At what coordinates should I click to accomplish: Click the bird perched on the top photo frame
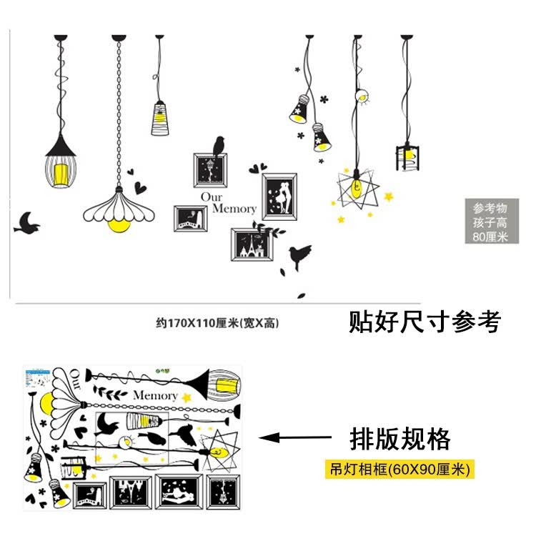219,145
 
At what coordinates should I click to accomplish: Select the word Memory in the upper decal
234,209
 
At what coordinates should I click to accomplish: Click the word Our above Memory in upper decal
212,197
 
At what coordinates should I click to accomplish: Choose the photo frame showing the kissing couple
279,195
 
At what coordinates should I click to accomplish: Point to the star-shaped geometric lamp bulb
355,188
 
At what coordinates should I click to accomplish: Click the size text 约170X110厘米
217,322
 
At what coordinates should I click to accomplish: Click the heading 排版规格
400,437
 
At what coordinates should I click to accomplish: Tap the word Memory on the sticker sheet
154,395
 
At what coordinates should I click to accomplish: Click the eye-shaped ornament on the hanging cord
362,95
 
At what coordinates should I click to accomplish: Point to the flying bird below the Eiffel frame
299,255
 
